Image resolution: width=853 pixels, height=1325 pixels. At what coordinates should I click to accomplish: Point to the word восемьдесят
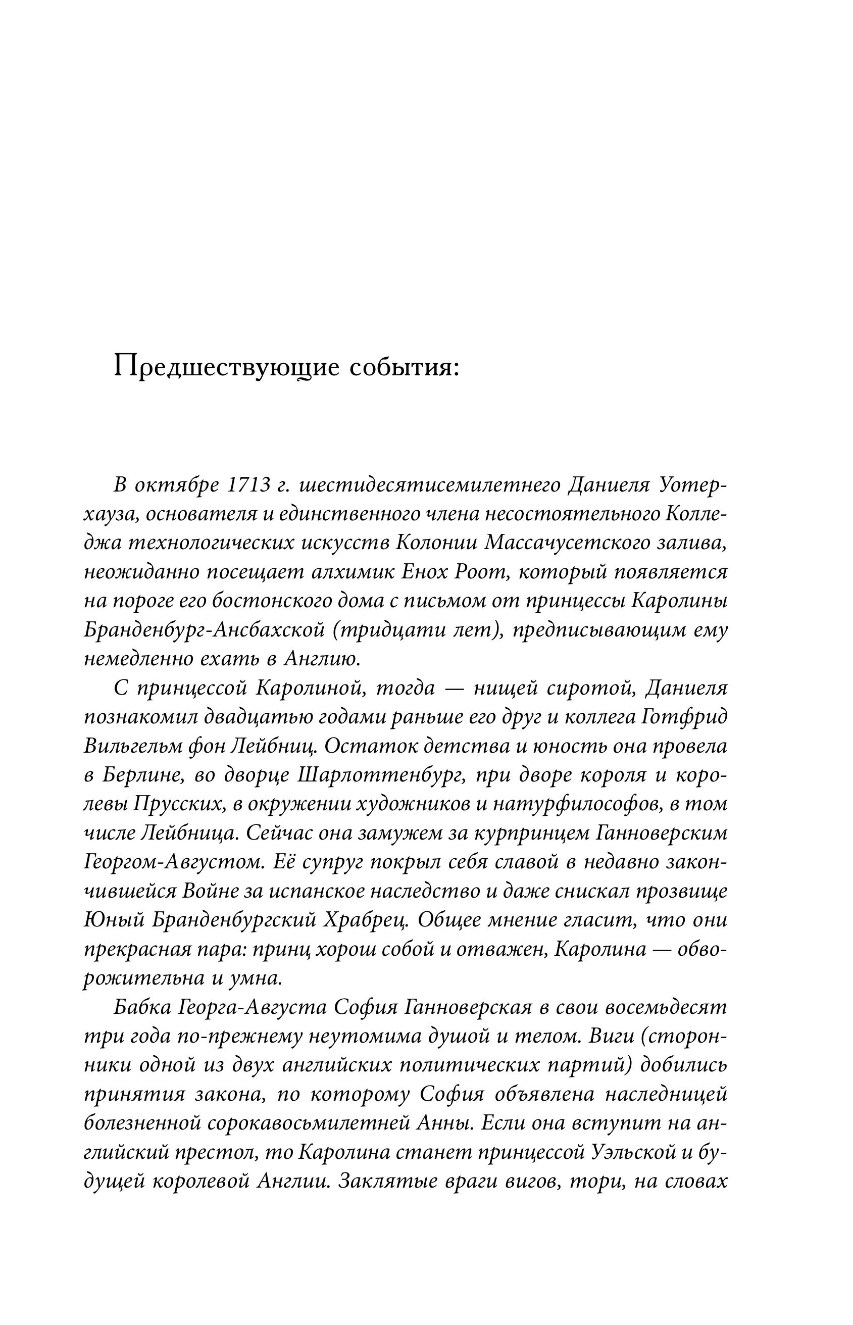tap(665, 1008)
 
